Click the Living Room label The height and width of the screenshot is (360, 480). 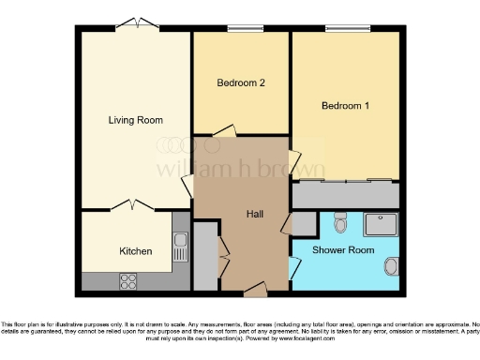coord(135,120)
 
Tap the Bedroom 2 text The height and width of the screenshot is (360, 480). coord(241,83)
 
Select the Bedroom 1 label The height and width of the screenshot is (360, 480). coord(345,106)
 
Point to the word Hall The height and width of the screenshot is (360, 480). coord(254,215)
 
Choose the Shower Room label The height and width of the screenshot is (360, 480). coord(343,250)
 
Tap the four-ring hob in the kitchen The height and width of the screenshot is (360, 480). coord(127,279)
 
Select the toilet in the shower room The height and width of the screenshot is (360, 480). coord(340,222)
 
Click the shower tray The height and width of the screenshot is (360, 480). coord(381,224)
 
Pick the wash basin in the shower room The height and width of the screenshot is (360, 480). coord(392,266)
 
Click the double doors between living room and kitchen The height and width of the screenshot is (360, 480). coord(130,204)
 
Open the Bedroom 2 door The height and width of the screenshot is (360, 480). coord(223,132)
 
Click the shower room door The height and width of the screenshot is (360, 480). coord(294,266)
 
